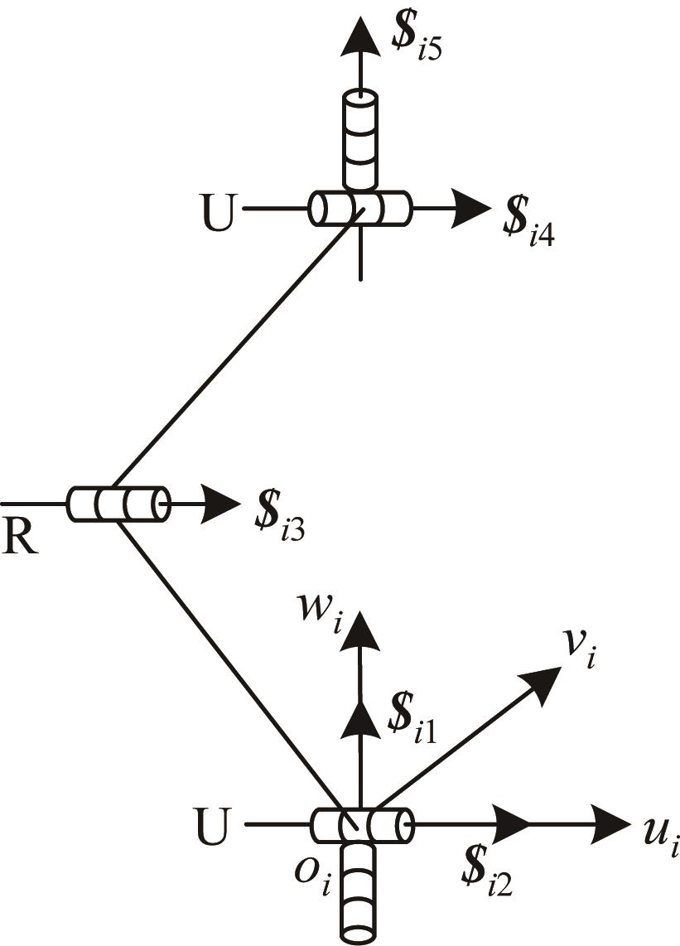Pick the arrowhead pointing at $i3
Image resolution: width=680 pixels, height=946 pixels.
(x=220, y=504)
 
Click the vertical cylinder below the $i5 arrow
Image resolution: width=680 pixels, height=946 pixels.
(x=359, y=139)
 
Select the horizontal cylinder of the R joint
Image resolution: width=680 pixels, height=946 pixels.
(x=118, y=504)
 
